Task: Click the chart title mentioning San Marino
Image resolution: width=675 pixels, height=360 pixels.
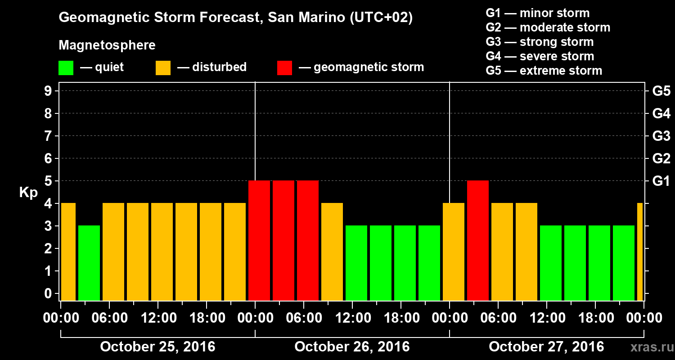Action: click(235, 18)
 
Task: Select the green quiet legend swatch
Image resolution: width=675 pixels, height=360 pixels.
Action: click(66, 68)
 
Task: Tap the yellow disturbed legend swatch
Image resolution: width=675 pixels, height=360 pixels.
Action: click(163, 68)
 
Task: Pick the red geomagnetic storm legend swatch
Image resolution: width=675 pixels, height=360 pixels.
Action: click(284, 68)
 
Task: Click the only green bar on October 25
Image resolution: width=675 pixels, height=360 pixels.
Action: click(89, 263)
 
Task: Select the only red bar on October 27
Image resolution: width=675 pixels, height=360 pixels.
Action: click(478, 240)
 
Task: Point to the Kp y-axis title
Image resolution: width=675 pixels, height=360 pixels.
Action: click(28, 193)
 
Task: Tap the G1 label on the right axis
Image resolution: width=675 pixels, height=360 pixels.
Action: click(661, 181)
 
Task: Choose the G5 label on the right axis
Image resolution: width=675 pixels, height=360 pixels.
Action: click(661, 91)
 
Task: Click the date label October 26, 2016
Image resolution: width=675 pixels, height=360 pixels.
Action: click(352, 347)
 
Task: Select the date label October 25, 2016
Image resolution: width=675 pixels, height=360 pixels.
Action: click(157, 347)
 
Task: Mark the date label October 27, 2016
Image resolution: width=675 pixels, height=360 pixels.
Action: click(546, 347)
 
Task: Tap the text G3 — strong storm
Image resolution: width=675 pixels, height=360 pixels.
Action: click(540, 42)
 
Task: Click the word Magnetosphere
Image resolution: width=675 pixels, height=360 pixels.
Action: click(107, 45)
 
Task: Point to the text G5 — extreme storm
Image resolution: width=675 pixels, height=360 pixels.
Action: click(544, 71)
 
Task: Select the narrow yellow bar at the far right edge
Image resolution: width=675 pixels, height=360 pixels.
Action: click(640, 252)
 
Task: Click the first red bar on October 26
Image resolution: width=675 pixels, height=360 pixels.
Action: click(259, 240)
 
